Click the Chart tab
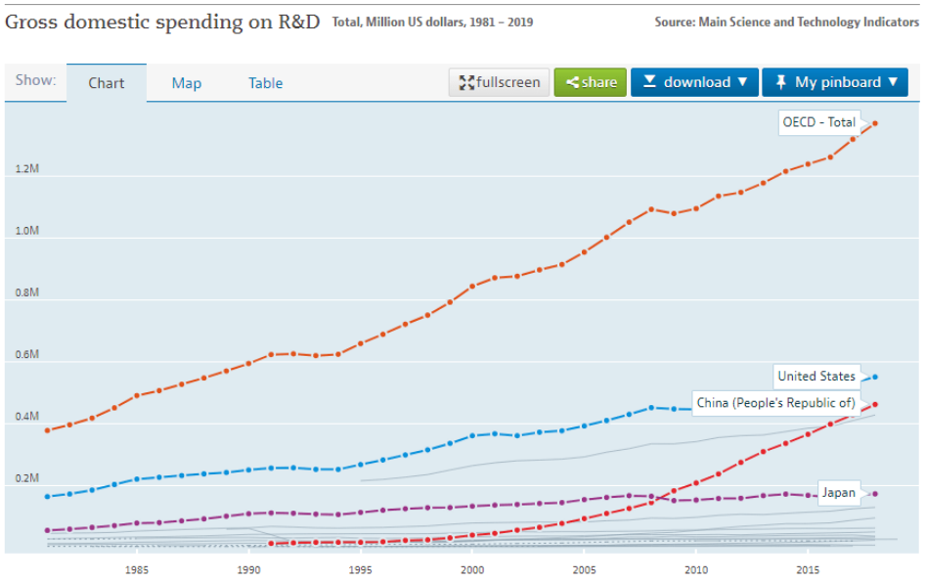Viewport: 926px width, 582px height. (x=106, y=83)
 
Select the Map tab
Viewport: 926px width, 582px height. (x=186, y=83)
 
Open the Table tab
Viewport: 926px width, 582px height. (x=265, y=83)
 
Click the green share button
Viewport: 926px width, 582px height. (x=590, y=82)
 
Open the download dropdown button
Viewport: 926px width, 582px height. (x=694, y=82)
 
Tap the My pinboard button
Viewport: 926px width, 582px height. (x=834, y=82)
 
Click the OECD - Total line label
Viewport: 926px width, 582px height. (x=818, y=122)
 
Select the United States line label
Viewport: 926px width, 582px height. (x=816, y=376)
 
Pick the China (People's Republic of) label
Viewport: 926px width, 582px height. (x=775, y=403)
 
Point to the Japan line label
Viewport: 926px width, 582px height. (x=838, y=493)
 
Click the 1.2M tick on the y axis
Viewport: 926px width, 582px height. (x=27, y=169)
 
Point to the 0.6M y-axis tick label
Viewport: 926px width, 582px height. (x=27, y=355)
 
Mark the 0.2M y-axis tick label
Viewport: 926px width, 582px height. (x=27, y=478)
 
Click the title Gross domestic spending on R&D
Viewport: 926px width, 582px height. (x=162, y=22)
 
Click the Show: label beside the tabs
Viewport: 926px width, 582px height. (x=35, y=81)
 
